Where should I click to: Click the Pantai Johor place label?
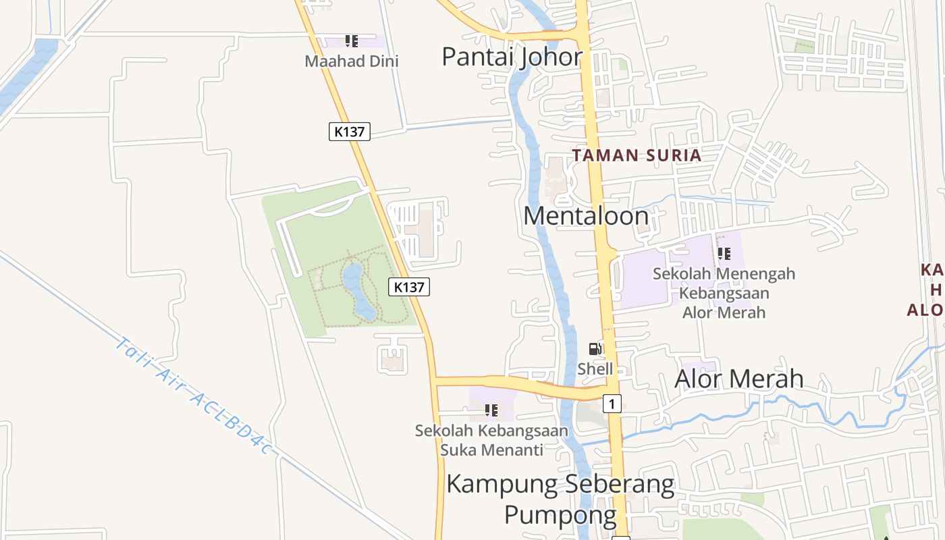pos(512,57)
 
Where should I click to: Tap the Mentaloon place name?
pos(586,216)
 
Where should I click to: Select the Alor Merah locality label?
pos(739,379)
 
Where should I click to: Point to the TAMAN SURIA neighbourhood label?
pos(637,155)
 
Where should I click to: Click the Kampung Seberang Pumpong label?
pos(560,500)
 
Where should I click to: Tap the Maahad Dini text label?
pos(352,61)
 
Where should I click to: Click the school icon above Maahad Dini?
pos(351,42)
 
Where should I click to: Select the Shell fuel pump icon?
pos(595,349)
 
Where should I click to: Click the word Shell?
pos(595,369)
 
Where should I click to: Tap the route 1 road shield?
pos(612,404)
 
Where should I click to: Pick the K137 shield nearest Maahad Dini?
pos(350,132)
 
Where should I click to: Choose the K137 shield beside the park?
pos(409,287)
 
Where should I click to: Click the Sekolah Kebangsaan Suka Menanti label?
pos(491,439)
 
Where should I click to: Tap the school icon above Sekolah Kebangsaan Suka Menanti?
pos(491,410)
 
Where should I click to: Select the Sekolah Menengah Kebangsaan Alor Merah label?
pos(724,293)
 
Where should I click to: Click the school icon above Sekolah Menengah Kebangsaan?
pos(724,254)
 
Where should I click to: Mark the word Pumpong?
pos(560,515)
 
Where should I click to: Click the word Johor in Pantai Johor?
pos(548,57)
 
